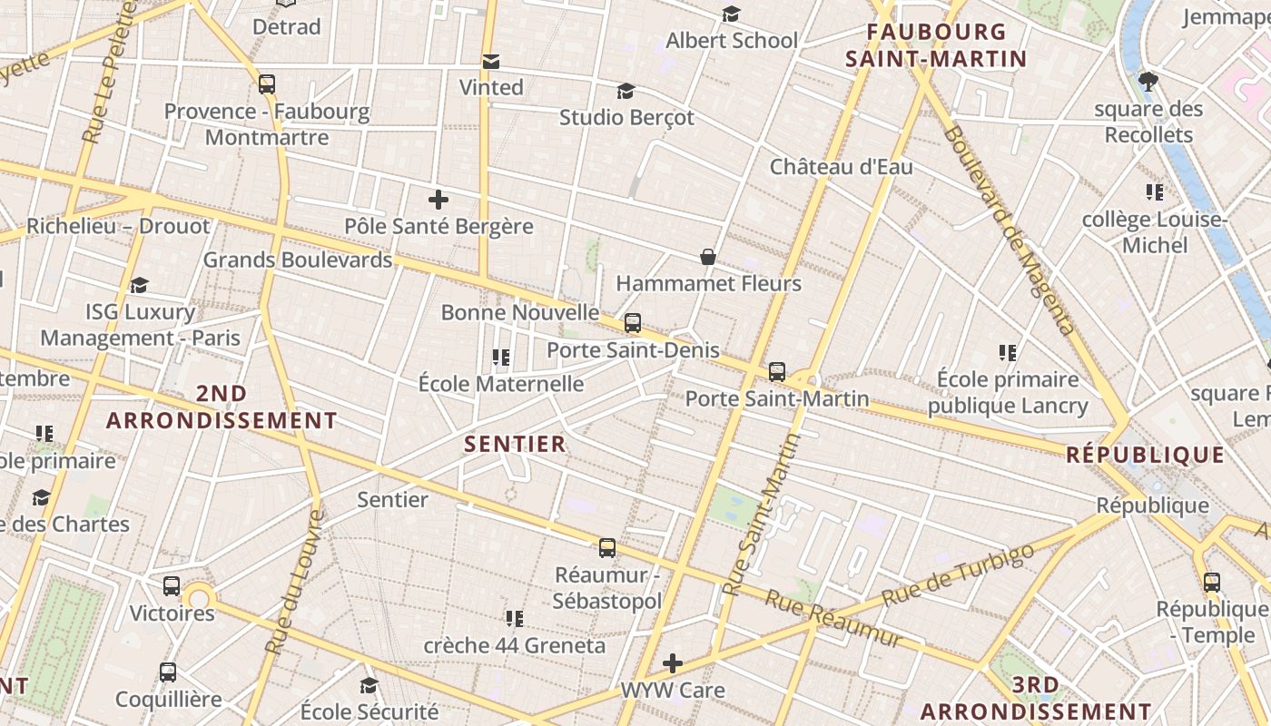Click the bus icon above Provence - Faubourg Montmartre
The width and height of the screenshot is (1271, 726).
pyautogui.click(x=266, y=84)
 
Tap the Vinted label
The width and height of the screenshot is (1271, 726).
pyautogui.click(x=491, y=87)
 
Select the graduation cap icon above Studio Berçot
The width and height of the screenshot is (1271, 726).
pyautogui.click(x=626, y=92)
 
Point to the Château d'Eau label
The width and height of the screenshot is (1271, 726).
pyautogui.click(x=842, y=167)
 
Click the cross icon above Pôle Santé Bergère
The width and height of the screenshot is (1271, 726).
pyautogui.click(x=438, y=200)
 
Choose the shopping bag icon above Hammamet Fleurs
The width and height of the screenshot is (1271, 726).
pyautogui.click(x=708, y=258)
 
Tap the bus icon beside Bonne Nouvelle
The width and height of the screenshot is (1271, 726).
pyautogui.click(x=633, y=322)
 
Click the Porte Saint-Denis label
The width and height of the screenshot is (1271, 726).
pyautogui.click(x=633, y=350)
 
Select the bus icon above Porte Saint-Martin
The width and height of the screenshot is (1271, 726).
pyautogui.click(x=777, y=371)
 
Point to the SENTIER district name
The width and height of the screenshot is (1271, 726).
pyautogui.click(x=515, y=444)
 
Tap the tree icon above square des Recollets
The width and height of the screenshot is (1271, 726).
pyautogui.click(x=1148, y=82)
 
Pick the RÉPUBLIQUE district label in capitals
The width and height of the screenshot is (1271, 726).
pyautogui.click(x=1145, y=455)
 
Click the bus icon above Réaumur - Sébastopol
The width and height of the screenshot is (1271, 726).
pyautogui.click(x=607, y=548)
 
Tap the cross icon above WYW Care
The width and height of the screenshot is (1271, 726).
pyautogui.click(x=673, y=663)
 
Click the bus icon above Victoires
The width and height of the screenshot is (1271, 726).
pyautogui.click(x=172, y=586)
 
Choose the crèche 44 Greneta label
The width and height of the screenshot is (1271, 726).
pyautogui.click(x=514, y=646)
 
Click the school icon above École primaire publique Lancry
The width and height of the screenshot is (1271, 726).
pyautogui.click(x=1007, y=352)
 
